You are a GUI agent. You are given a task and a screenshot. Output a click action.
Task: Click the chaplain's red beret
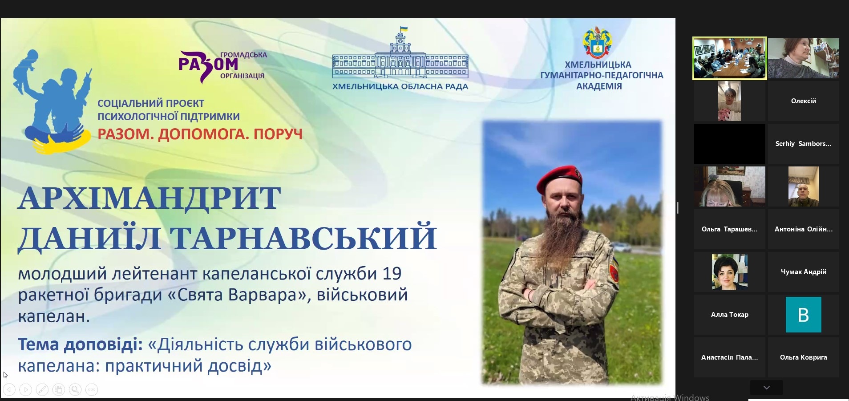pos(558,177)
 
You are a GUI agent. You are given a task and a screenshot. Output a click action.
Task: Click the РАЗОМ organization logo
pos(222,66)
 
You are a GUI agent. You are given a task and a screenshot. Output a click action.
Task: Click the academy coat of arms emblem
pos(598,42)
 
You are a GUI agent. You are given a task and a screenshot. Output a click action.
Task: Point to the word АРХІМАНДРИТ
pos(150,198)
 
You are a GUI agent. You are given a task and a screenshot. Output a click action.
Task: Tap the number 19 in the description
pos(392,273)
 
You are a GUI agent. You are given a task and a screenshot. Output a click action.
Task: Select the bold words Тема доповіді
pos(80,344)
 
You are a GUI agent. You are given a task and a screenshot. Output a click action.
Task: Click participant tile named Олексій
pos(803,101)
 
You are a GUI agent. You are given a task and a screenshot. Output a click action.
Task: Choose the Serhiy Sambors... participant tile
pos(803,144)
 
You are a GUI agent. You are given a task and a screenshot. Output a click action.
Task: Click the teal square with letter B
pos(803,315)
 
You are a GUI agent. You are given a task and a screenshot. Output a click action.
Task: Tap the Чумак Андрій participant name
pos(803,272)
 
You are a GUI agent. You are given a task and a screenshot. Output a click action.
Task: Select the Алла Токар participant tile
pos(730,315)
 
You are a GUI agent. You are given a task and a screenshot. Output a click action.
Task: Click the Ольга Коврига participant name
pos(803,357)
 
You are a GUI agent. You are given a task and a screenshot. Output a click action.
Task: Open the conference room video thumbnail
pos(730,58)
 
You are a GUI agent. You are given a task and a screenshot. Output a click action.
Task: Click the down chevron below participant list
pos(766,388)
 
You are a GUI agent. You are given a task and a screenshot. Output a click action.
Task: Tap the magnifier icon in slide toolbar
pos(75,390)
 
